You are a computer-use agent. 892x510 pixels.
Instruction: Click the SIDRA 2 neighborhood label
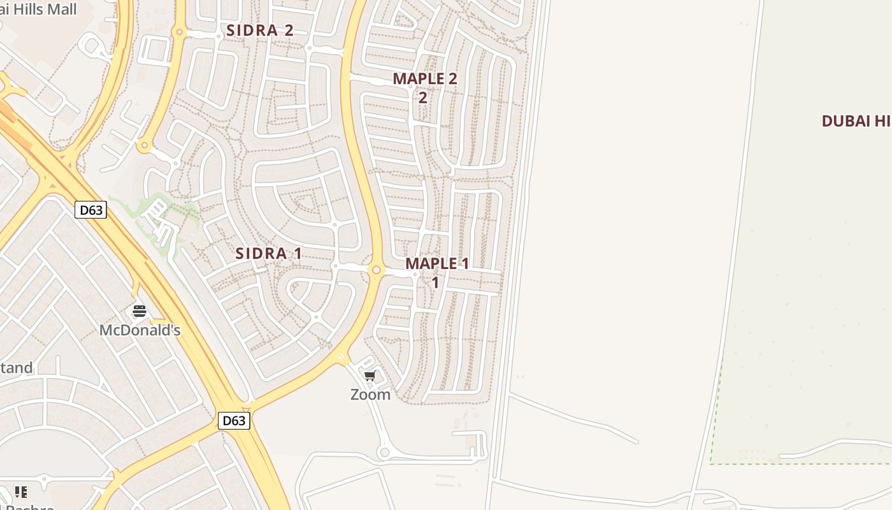tap(260, 30)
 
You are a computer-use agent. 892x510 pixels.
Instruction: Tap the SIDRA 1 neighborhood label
tap(269, 253)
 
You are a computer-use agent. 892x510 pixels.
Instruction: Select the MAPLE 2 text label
tap(425, 79)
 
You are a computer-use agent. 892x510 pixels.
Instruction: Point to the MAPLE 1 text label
tap(437, 263)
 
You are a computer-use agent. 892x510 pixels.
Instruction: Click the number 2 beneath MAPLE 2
tap(422, 98)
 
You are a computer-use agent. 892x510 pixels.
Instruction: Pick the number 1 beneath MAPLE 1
tap(435, 282)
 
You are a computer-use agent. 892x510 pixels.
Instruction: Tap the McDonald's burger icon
tap(140, 312)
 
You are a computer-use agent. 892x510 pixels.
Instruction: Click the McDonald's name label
tap(140, 330)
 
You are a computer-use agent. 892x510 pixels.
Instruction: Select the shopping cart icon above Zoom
tap(370, 376)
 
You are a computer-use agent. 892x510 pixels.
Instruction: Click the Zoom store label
tap(370, 395)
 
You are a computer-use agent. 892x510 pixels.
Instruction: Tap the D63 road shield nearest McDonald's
tap(90, 210)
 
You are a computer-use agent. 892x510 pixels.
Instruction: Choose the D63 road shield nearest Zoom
tap(234, 421)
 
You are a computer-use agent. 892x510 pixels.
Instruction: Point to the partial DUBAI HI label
tap(856, 121)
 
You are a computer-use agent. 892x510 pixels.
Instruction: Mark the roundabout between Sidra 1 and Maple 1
tap(377, 270)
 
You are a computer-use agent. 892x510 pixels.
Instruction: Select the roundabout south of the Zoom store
tap(384, 453)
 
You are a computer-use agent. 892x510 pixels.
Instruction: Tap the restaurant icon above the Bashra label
tap(21, 492)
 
